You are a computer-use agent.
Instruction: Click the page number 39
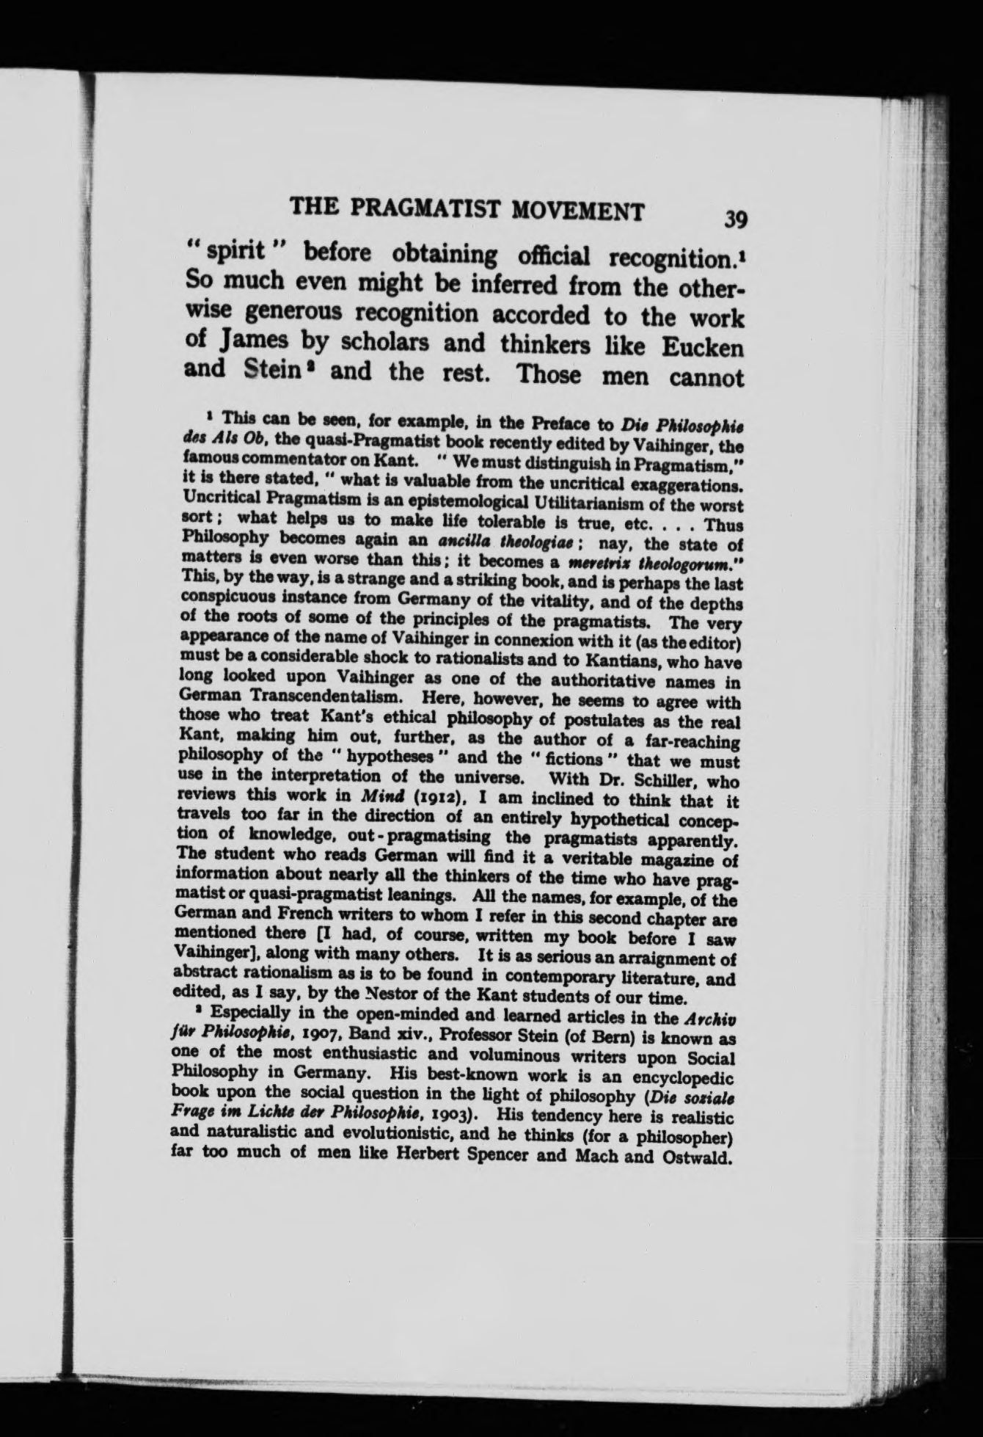pyautogui.click(x=734, y=218)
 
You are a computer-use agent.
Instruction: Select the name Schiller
pyautogui.click(x=662, y=779)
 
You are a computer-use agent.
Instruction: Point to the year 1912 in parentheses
pyautogui.click(x=428, y=796)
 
